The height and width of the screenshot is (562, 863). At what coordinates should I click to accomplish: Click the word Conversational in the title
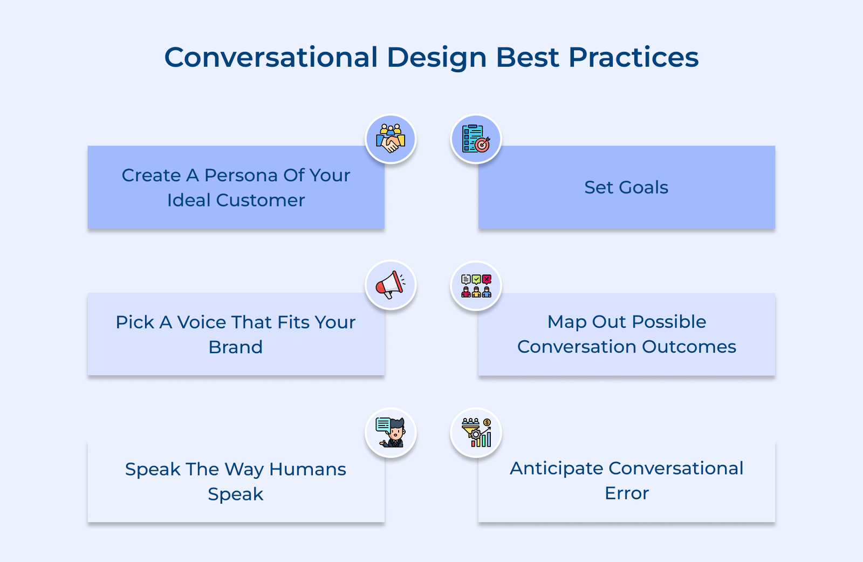coord(271,57)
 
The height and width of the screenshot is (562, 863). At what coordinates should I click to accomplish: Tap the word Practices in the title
coord(633,57)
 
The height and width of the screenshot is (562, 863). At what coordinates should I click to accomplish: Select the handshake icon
coord(391,139)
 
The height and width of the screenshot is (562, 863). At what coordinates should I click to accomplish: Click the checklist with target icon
coord(476,139)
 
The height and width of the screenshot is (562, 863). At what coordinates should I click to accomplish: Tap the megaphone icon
coord(391,285)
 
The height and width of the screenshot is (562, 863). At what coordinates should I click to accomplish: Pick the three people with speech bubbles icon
coord(476,286)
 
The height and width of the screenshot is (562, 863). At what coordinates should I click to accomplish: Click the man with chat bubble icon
coord(391,433)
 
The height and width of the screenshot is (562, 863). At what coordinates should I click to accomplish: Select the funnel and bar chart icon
coord(476,433)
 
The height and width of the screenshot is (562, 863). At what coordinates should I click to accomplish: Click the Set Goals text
coord(626,188)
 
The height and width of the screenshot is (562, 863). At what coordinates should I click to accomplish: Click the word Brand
coord(235,347)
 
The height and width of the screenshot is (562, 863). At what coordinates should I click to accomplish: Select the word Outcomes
coord(689,347)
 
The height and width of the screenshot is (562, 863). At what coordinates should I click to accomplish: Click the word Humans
coord(307,469)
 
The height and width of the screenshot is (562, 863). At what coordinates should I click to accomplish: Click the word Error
coord(627,494)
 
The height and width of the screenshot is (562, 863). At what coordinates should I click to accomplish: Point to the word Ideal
coord(189,200)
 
